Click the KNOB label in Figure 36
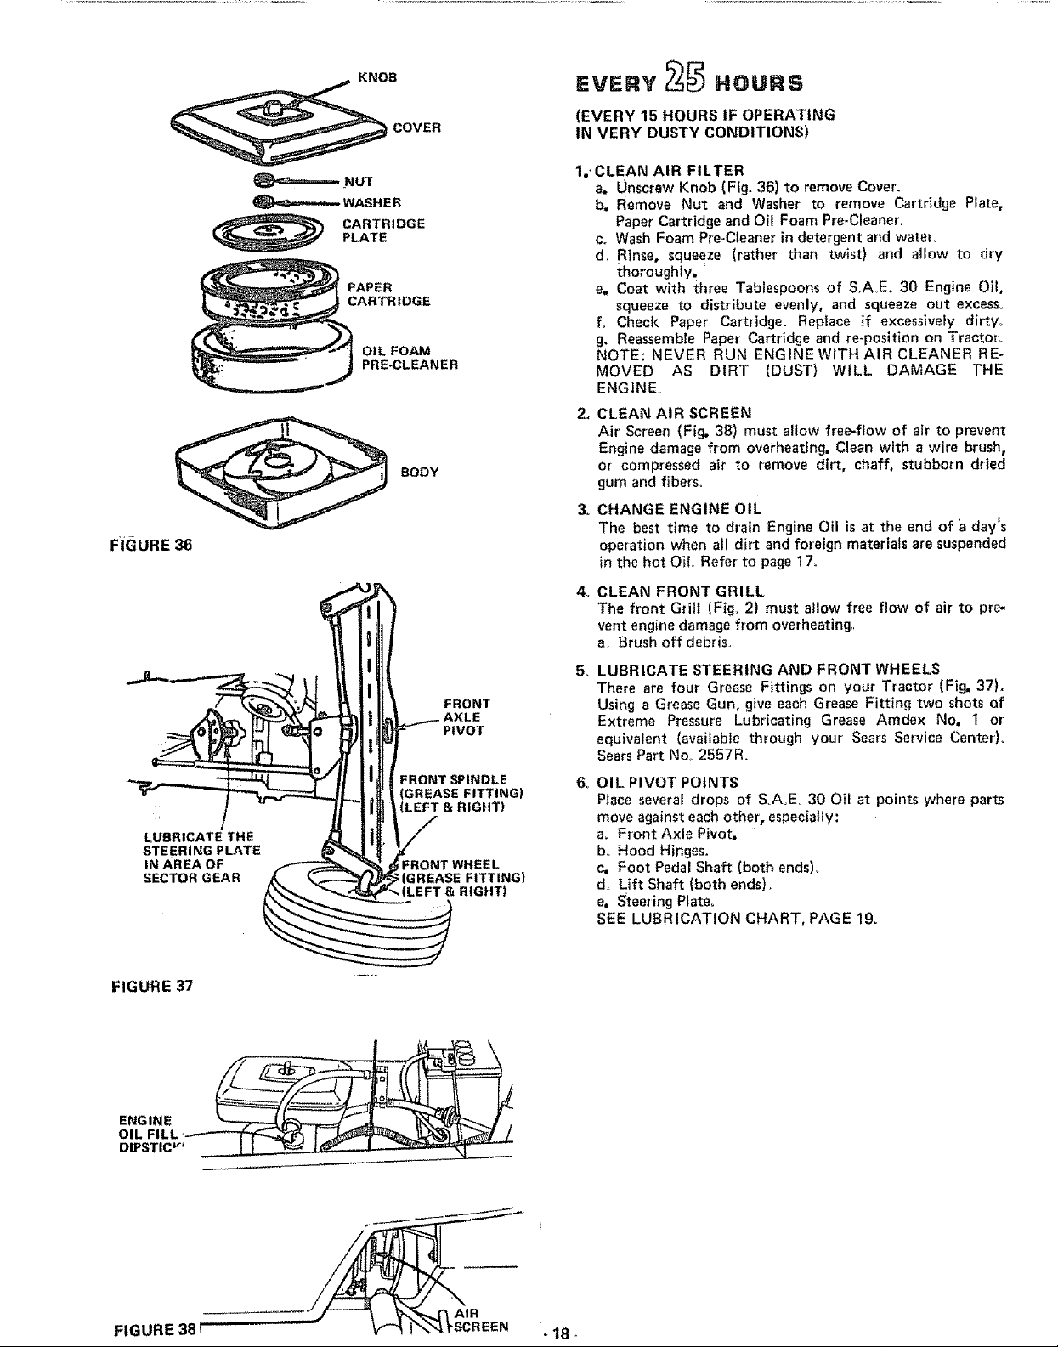click(376, 77)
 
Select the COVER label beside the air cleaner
click(417, 127)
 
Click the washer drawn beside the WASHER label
click(263, 201)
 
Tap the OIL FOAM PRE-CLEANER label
click(410, 358)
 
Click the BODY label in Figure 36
click(420, 472)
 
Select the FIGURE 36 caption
click(151, 545)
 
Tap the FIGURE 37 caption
click(152, 986)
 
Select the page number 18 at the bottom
click(560, 1333)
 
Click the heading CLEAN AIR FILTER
click(669, 171)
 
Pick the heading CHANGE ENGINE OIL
click(679, 509)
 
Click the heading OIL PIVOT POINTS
click(668, 783)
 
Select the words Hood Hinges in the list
click(663, 851)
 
